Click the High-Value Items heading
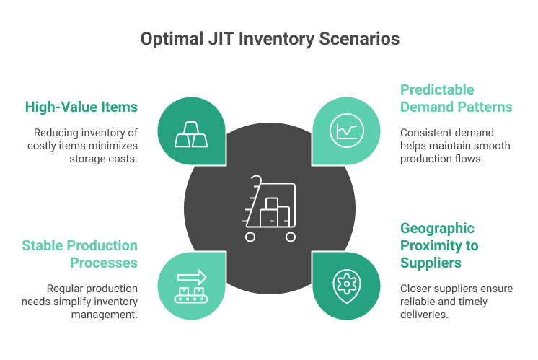pyautogui.click(x=81, y=107)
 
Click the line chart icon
pyautogui.click(x=345, y=131)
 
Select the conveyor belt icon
pyautogui.click(x=185, y=285)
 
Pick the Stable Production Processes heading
pyautogui.click(x=81, y=255)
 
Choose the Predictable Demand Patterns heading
pyautogui.click(x=456, y=99)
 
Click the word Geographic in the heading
pyautogui.click(x=438, y=229)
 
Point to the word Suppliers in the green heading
pyautogui.click(x=431, y=263)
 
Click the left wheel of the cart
pyautogui.click(x=250, y=237)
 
